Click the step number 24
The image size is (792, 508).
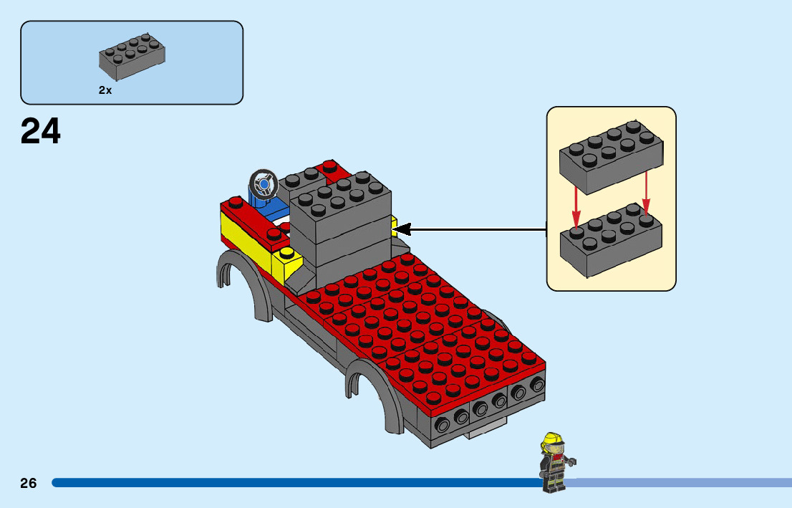click(x=41, y=132)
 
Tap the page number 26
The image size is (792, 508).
click(x=29, y=483)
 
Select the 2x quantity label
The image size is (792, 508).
click(x=105, y=91)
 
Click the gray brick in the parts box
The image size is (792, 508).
click(x=132, y=57)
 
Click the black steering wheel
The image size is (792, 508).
click(x=262, y=183)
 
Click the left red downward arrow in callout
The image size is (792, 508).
click(x=575, y=208)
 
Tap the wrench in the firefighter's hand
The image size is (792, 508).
click(x=570, y=461)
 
